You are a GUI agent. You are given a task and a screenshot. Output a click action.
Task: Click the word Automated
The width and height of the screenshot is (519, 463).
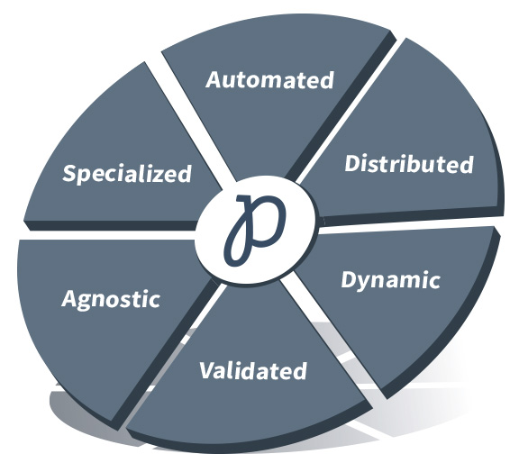tap(269, 80)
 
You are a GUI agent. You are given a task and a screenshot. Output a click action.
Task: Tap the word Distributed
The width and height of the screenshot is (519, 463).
tap(409, 163)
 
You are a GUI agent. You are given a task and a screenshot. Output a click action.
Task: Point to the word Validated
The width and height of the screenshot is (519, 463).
tap(253, 370)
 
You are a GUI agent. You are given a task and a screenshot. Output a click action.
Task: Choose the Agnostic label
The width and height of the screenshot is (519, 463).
tap(111, 300)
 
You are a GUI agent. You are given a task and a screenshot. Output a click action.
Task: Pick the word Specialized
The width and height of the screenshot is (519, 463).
tap(127, 174)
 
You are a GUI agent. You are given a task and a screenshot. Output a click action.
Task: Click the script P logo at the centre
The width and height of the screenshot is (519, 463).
tap(255, 230)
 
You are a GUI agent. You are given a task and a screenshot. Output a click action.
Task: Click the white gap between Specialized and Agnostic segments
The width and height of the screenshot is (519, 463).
tap(109, 235)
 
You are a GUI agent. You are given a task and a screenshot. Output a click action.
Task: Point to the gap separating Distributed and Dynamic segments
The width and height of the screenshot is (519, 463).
tap(411, 222)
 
